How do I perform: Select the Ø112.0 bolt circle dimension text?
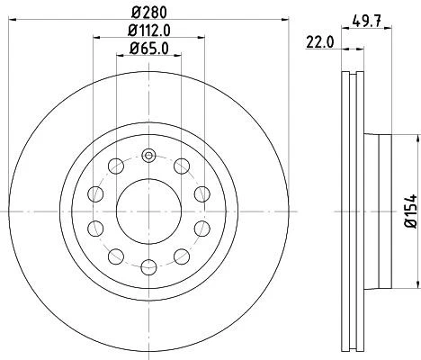[148, 31]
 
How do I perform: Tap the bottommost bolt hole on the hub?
[148, 265]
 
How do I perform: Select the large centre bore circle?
[148, 211]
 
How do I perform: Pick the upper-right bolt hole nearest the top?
[182, 166]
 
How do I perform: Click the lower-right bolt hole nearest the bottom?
[182, 256]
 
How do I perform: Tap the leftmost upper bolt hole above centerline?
[94, 193]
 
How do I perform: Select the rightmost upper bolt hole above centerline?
[201, 193]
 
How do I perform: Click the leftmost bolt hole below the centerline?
[94, 228]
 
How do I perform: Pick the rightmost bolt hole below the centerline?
[201, 228]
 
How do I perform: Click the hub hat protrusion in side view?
[381, 210]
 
